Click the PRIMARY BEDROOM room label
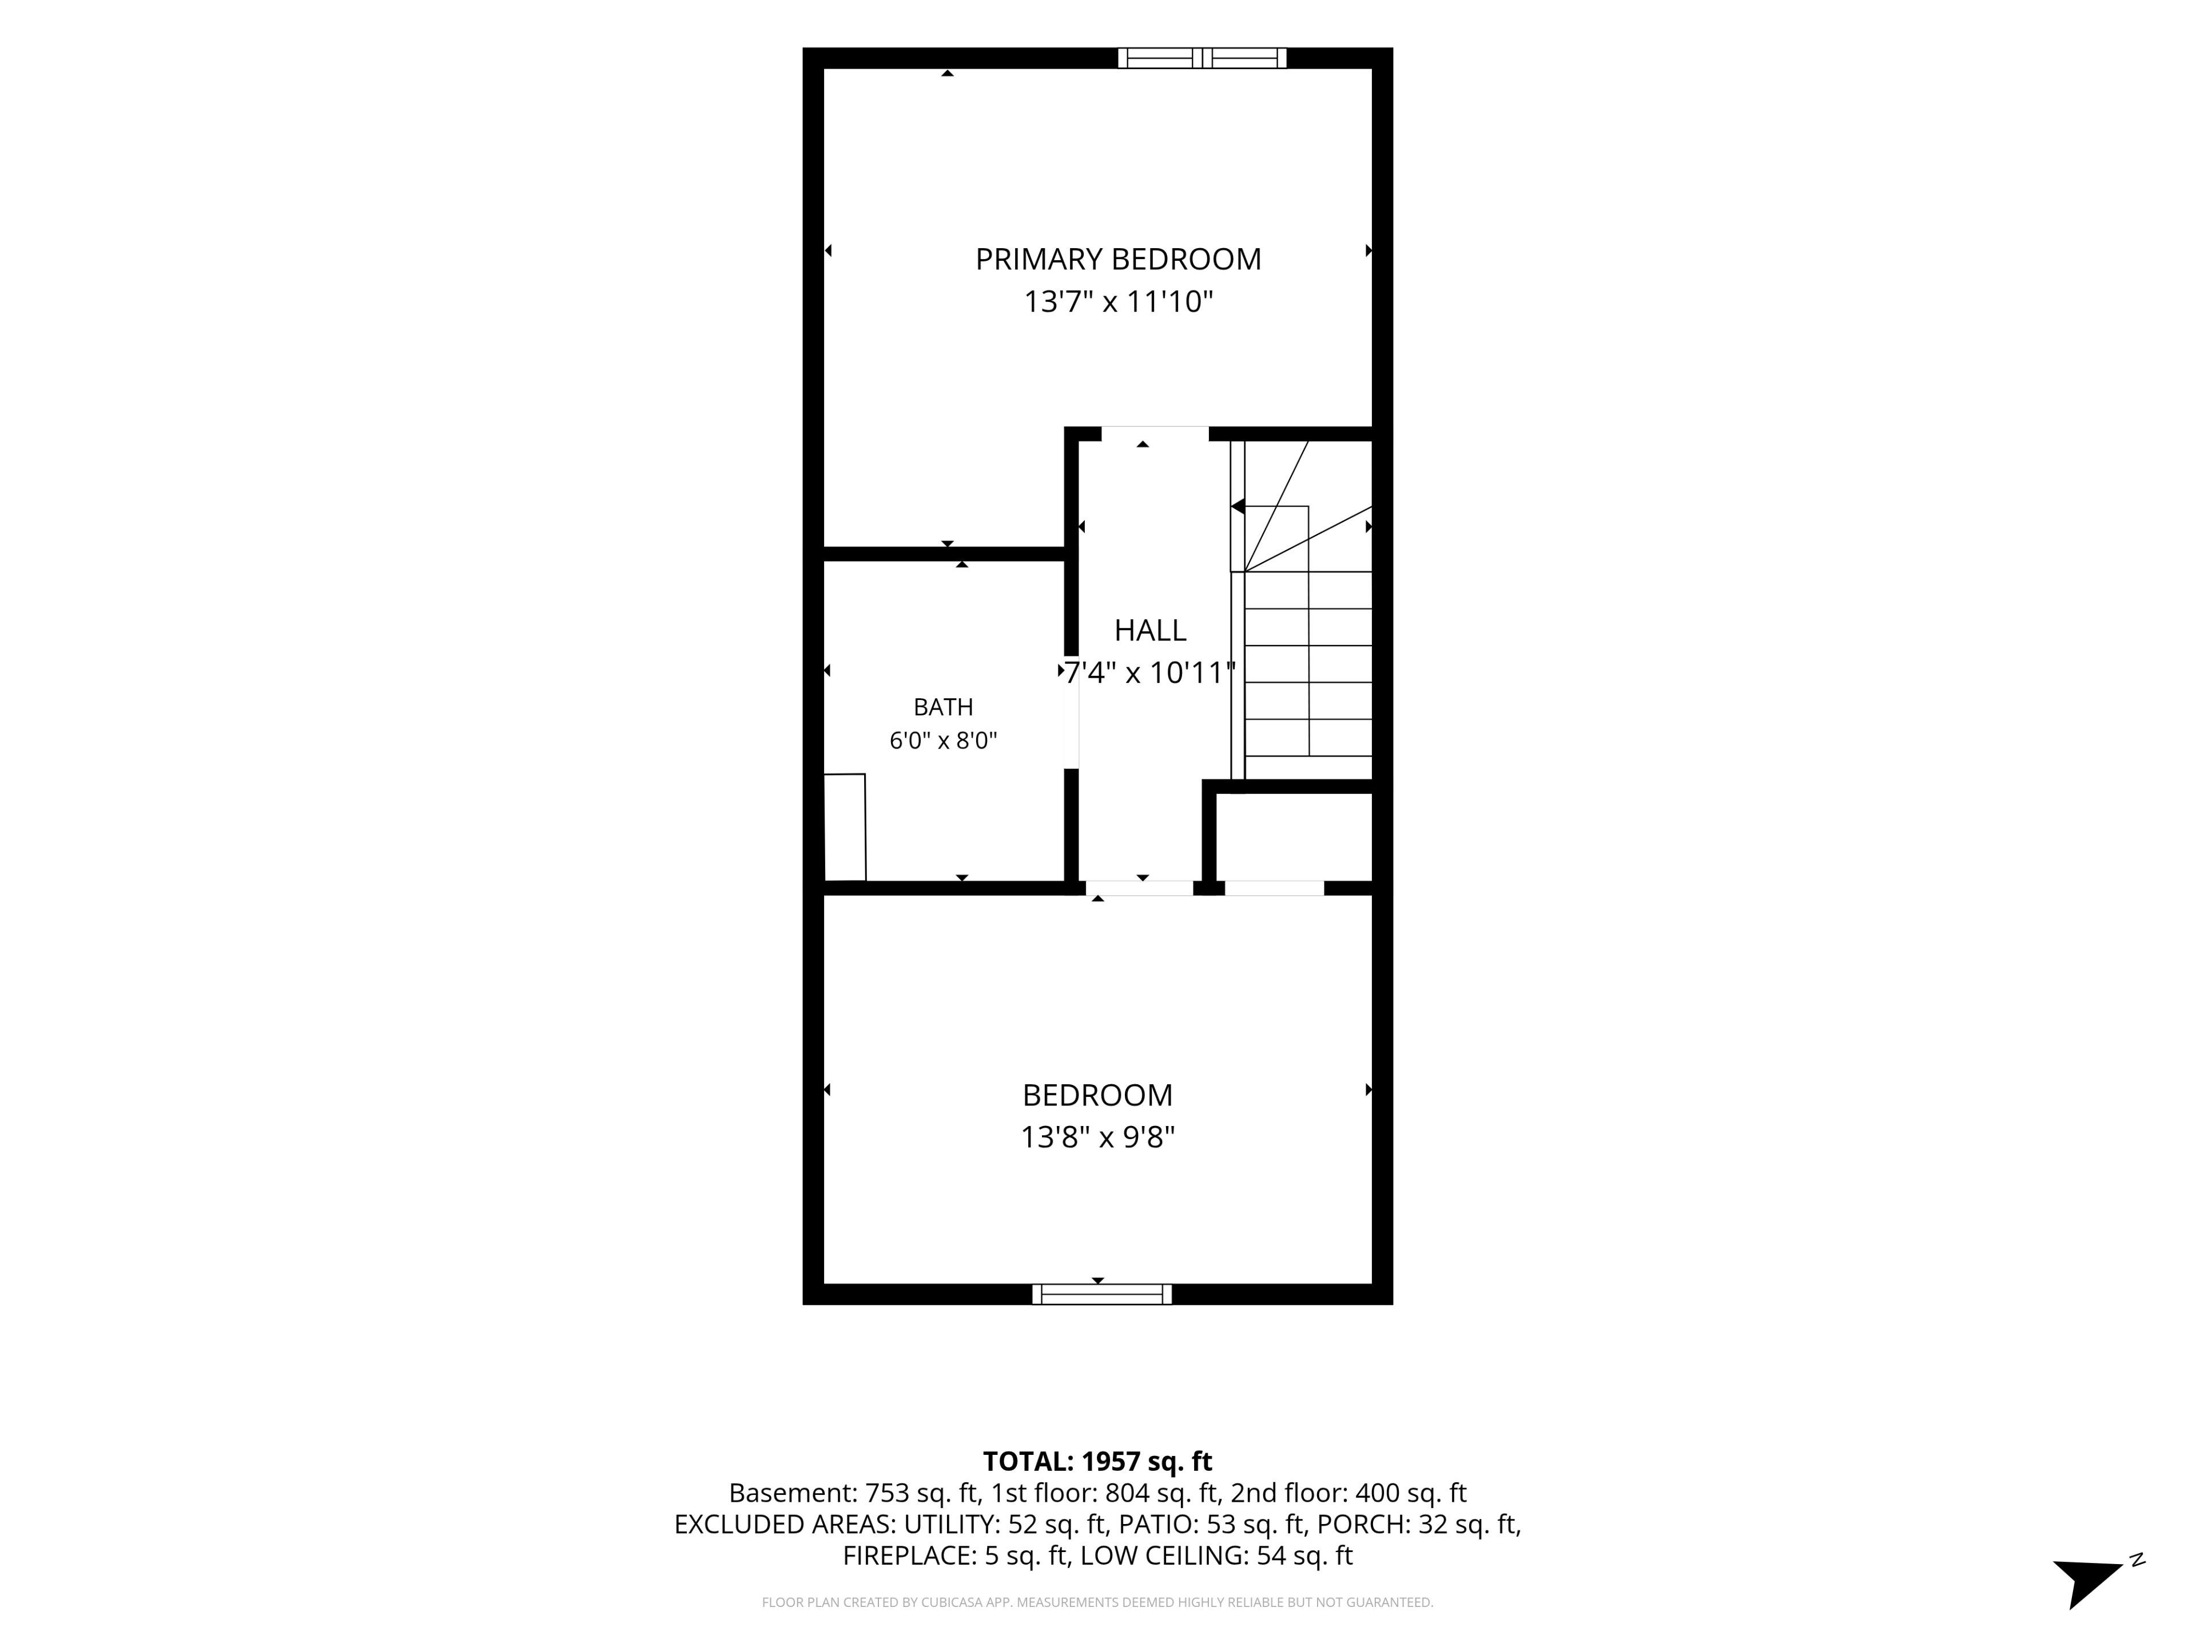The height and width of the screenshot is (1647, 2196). pyautogui.click(x=1118, y=259)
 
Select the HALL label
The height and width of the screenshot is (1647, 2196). pyautogui.click(x=1149, y=630)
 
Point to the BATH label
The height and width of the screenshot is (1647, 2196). pyautogui.click(x=943, y=707)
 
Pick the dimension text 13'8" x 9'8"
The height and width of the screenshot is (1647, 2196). pyautogui.click(x=1098, y=1137)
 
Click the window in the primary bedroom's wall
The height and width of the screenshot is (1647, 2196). pyautogui.click(x=1202, y=58)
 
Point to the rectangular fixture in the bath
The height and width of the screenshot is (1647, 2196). pyautogui.click(x=845, y=827)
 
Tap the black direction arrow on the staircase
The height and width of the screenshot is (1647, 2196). pyautogui.click(x=1238, y=506)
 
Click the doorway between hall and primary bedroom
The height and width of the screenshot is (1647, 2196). pyautogui.click(x=1155, y=434)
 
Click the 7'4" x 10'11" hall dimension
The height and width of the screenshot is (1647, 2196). pyautogui.click(x=1149, y=673)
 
